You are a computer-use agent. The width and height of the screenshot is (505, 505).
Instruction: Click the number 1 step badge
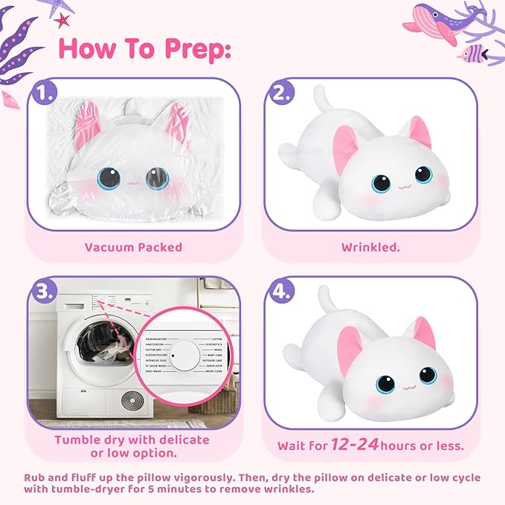click(x=45, y=94)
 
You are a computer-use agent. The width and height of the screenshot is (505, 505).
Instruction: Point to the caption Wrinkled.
click(x=370, y=246)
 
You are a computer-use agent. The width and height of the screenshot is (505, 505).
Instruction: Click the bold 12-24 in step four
click(x=352, y=445)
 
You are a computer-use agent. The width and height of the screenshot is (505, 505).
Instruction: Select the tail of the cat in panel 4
click(x=325, y=300)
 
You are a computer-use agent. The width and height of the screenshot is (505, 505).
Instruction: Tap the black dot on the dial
click(x=172, y=356)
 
